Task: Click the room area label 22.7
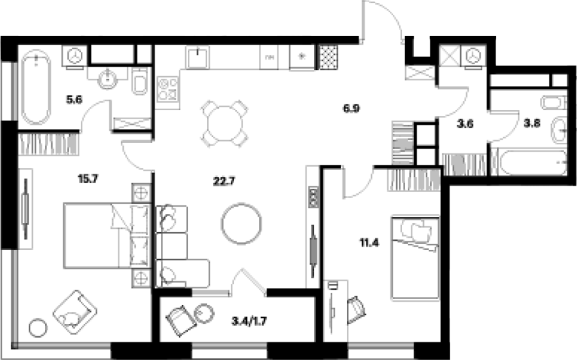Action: pyautogui.click(x=224, y=181)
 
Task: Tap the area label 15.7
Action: pyautogui.click(x=88, y=179)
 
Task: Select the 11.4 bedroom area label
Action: pyautogui.click(x=369, y=243)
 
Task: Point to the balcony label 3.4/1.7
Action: pyautogui.click(x=249, y=322)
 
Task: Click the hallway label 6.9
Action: pyautogui.click(x=351, y=108)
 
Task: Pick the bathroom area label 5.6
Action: pyautogui.click(x=74, y=99)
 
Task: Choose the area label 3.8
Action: pyautogui.click(x=531, y=124)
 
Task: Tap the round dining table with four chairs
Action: pyautogui.click(x=224, y=124)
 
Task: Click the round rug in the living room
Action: pyautogui.click(x=242, y=223)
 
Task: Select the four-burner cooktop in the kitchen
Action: pyautogui.click(x=168, y=89)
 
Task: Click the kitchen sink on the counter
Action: pyautogui.click(x=197, y=58)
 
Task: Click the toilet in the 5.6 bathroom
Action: pyautogui.click(x=140, y=81)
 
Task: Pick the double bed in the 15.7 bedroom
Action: pyautogui.click(x=106, y=235)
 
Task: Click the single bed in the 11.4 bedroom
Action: pyautogui.click(x=415, y=258)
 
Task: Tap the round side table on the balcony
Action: pyautogui.click(x=204, y=314)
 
